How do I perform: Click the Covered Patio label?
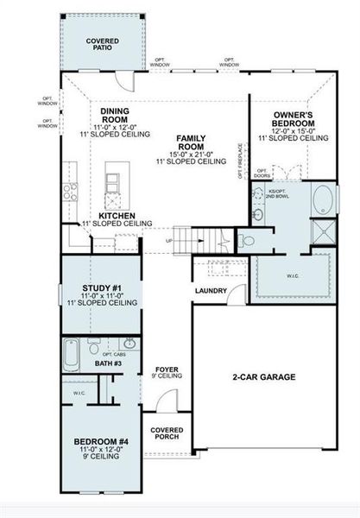102,45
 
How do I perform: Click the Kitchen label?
116,216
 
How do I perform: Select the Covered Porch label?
167,434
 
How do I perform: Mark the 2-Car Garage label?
263,377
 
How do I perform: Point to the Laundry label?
210,290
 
